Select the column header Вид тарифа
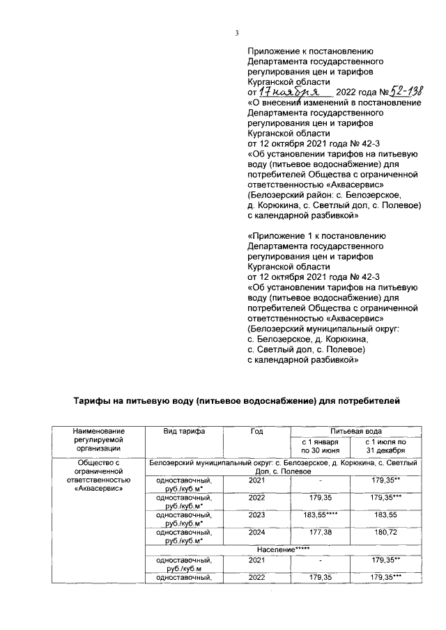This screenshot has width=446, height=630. pos(184,432)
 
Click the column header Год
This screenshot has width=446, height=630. pos(256,432)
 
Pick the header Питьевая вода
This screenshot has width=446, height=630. pos(355,432)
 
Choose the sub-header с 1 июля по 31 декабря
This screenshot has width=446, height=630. pos(387,446)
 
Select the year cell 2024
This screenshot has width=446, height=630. pos(256,533)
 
